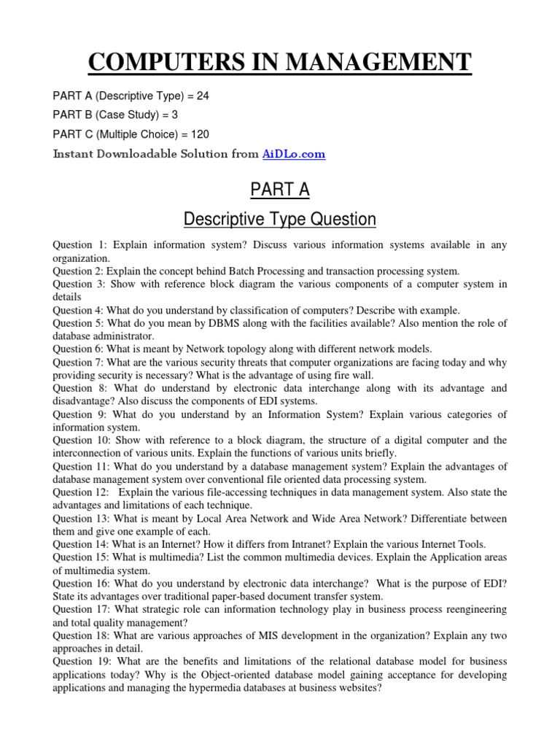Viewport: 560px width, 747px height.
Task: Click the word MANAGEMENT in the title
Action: coord(378,62)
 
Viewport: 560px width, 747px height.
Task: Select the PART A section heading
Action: coord(280,190)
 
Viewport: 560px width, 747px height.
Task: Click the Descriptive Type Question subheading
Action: coord(280,218)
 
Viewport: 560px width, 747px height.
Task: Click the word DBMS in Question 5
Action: coord(201,323)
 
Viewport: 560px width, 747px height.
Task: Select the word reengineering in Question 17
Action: coord(470,609)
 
